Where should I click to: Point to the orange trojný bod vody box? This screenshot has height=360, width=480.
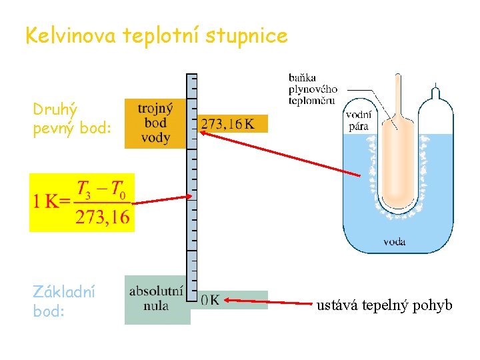point(155,123)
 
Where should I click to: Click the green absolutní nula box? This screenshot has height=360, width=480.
point(157,299)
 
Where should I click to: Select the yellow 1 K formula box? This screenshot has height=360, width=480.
point(82,202)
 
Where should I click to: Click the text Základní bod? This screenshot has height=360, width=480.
point(64,301)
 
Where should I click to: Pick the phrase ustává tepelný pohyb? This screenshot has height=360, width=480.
point(384,305)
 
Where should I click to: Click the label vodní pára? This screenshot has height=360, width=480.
point(357,120)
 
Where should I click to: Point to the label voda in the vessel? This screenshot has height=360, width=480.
point(394,241)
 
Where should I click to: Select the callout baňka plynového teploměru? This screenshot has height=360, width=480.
point(313,89)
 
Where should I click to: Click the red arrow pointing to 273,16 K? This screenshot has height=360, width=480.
point(280,153)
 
